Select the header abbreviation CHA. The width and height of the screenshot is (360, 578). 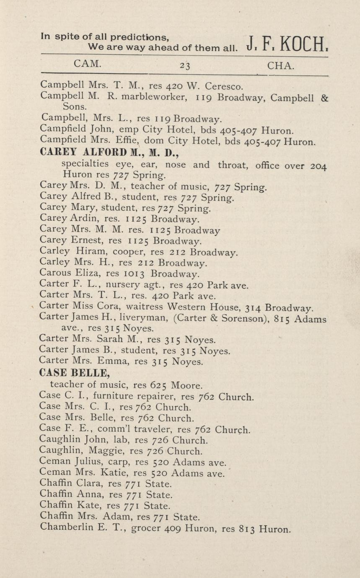point(280,65)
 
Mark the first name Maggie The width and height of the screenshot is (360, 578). point(103,452)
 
